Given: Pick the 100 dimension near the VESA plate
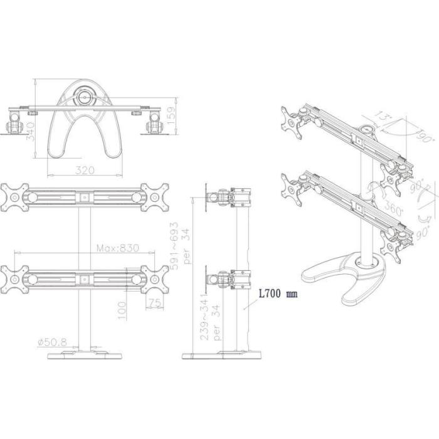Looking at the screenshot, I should pos(122,307).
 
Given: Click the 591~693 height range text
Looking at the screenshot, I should pos(175,245).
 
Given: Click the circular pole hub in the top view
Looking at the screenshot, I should pos(84,97).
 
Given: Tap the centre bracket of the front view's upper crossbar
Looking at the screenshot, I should pos(84,197).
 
